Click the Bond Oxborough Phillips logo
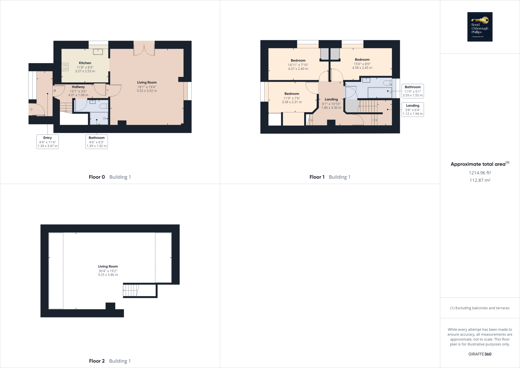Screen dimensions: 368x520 480,27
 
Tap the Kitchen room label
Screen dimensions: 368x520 85,63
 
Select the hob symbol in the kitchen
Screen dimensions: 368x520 65,67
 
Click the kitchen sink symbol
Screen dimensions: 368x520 98,52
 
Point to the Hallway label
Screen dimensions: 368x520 78,87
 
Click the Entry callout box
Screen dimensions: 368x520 47,142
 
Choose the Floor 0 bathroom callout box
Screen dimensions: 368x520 97,142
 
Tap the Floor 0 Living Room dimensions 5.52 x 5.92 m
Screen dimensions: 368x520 147,91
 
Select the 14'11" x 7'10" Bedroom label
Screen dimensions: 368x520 298,60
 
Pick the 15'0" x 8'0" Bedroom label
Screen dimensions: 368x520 362,59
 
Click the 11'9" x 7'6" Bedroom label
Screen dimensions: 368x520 292,94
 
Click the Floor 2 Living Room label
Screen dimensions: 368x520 108,266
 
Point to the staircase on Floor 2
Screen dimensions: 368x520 131,290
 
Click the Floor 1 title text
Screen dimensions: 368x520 317,177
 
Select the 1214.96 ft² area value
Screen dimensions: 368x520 480,173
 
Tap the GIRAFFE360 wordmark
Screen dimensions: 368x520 480,354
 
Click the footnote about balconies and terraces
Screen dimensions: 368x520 480,308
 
